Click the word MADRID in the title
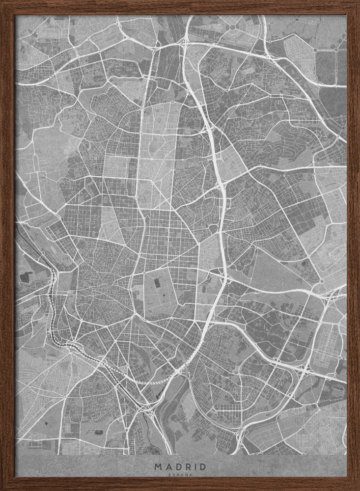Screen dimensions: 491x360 pos(180,466)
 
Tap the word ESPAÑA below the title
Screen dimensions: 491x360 pos(180,475)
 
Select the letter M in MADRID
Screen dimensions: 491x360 pos(157,466)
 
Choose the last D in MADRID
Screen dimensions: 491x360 pos(202,466)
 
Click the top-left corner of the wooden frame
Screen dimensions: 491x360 pos(2,2)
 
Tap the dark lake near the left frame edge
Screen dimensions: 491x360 pos(24,277)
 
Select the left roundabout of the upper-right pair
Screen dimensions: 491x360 pos(314,50)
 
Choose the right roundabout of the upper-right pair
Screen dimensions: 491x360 pos(336,50)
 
